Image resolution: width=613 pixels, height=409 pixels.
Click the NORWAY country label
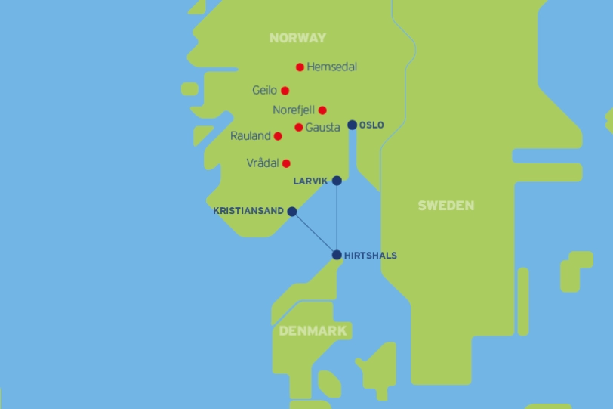pyautogui.click(x=297, y=38)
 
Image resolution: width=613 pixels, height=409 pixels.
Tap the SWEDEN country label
pyautogui.click(x=446, y=206)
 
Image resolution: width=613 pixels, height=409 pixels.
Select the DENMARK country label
pyautogui.click(x=313, y=331)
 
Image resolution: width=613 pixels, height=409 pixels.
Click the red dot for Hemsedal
pyautogui.click(x=300, y=67)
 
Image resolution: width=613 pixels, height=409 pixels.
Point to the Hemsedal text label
pyautogui.click(x=332, y=67)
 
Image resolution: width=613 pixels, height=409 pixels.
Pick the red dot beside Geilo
pyautogui.click(x=285, y=91)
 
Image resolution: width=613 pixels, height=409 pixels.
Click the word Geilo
pyautogui.click(x=264, y=91)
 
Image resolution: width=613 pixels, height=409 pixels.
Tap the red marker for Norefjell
pyautogui.click(x=322, y=110)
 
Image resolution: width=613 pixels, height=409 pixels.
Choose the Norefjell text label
pyautogui.click(x=294, y=110)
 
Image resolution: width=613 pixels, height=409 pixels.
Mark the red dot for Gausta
pyautogui.click(x=299, y=127)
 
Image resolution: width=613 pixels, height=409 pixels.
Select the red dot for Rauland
pyautogui.click(x=278, y=136)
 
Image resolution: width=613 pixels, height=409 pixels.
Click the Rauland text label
pyautogui.click(x=251, y=136)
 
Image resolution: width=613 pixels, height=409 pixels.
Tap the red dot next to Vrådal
pyautogui.click(x=286, y=163)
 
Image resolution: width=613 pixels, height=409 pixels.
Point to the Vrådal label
pyautogui.click(x=263, y=163)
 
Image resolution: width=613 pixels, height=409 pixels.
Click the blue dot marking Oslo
pyautogui.click(x=352, y=125)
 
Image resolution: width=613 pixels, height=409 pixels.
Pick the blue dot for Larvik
pyautogui.click(x=337, y=181)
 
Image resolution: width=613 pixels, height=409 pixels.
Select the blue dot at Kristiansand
pyautogui.click(x=292, y=212)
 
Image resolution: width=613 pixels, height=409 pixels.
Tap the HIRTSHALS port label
pyautogui.click(x=370, y=256)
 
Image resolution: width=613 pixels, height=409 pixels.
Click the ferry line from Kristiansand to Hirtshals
pyautogui.click(x=314, y=233)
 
